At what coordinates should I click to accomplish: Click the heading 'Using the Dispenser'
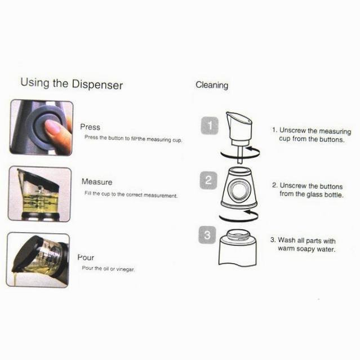[x=72, y=83]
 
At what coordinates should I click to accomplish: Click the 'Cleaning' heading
[x=212, y=85]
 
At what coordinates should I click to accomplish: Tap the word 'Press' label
[x=90, y=127]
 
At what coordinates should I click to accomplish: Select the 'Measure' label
[x=97, y=182]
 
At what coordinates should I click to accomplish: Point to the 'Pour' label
[x=86, y=257]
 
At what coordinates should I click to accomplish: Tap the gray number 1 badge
[x=210, y=126]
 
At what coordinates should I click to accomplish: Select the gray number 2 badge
[x=208, y=180]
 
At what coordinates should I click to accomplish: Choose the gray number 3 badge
[x=207, y=235]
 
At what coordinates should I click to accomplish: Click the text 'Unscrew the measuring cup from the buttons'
[x=312, y=135]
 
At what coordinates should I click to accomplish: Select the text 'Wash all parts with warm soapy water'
[x=303, y=245]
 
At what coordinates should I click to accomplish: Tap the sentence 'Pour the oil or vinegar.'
[x=108, y=269]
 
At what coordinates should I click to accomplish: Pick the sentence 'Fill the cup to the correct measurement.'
[x=131, y=195]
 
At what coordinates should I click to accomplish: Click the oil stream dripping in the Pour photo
[x=15, y=279]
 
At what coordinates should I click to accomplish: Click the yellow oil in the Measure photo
[x=39, y=203]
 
